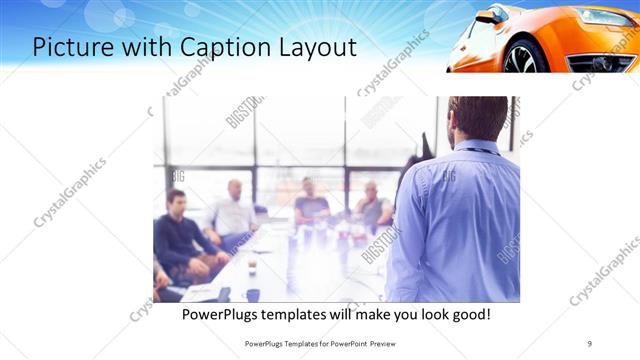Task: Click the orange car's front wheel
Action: pyautogui.click(x=521, y=57)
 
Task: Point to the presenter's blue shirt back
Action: pyautogui.click(x=460, y=220)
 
